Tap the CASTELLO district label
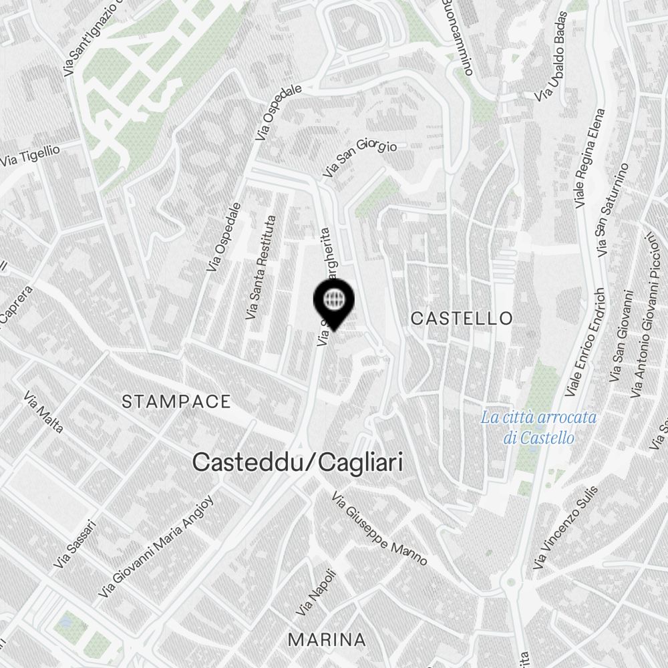462,318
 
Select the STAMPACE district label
176,401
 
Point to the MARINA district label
327,639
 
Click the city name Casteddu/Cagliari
297,462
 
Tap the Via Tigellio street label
30,156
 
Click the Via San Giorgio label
360,157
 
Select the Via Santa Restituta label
261,267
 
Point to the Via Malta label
43,413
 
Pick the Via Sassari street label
75,544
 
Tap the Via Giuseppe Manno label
379,528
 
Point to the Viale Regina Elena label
590,158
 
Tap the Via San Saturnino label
613,210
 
